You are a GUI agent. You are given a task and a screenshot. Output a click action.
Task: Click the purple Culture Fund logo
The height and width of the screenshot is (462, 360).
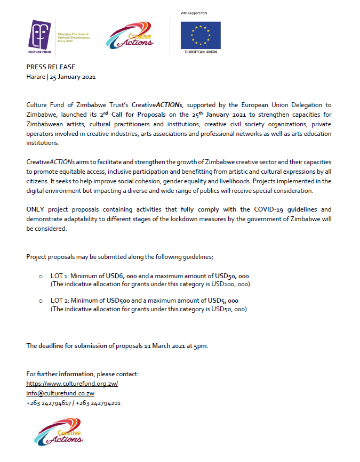(41, 37)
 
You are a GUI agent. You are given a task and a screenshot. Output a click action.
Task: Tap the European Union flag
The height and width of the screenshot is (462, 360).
(201, 35)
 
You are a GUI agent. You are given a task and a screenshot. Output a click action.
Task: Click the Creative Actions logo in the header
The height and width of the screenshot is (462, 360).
(130, 36)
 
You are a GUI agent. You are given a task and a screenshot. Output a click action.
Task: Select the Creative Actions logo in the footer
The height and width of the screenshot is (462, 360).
(59, 432)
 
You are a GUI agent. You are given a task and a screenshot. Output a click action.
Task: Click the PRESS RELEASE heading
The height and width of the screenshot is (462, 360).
(51, 67)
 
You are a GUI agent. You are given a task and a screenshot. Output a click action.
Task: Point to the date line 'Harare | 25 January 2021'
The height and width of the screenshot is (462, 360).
(61, 77)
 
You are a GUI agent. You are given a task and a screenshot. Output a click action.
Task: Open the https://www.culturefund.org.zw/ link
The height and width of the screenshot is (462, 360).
(72, 384)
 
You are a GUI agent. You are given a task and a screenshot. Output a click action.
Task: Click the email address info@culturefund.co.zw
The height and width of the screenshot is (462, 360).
(60, 393)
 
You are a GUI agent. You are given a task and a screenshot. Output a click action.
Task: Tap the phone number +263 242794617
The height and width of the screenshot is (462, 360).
(49, 403)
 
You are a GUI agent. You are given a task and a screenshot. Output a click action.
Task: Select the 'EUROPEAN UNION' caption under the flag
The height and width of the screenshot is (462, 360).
(200, 52)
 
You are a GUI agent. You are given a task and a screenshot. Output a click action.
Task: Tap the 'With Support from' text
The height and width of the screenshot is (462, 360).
(196, 12)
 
